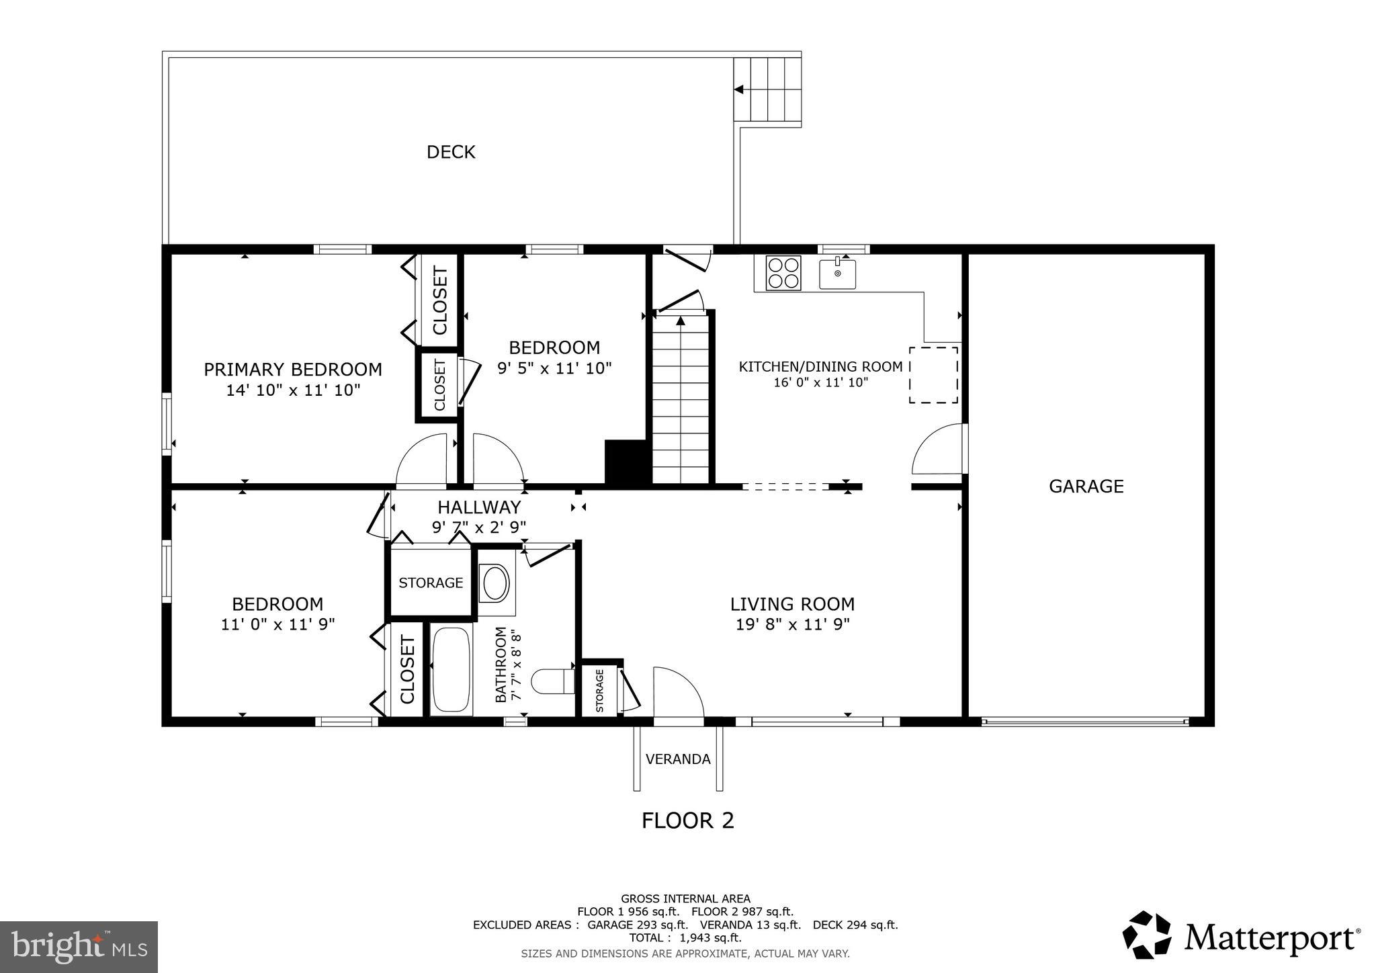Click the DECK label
[x=451, y=152]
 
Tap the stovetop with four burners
[x=783, y=273]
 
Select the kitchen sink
[x=837, y=274]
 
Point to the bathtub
[x=451, y=669]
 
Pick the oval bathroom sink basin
[x=496, y=583]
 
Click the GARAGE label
[x=1086, y=486]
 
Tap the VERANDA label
[x=678, y=759]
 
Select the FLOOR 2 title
[x=687, y=820]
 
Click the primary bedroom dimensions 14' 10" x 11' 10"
[x=293, y=390]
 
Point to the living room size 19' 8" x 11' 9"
[x=792, y=624]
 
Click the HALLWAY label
[x=479, y=507]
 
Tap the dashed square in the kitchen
[x=933, y=375]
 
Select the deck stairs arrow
[x=739, y=89]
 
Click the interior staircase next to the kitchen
[x=681, y=400]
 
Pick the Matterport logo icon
[x=1147, y=935]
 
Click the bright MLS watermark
[x=79, y=947]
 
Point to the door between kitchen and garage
[x=939, y=449]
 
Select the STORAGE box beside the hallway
[x=431, y=583]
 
